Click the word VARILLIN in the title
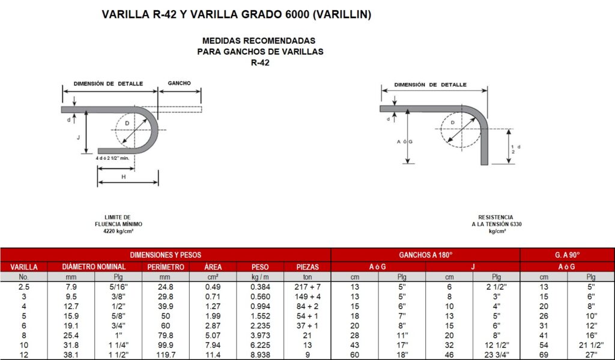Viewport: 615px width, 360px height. click(342, 14)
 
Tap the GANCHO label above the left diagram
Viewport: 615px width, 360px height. click(179, 83)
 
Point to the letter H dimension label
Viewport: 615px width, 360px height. click(124, 177)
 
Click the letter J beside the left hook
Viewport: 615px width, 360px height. click(79, 138)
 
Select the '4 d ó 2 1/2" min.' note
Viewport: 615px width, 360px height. click(112, 158)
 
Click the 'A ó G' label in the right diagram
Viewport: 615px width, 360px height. click(405, 142)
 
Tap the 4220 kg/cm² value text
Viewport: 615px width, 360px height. click(118, 231)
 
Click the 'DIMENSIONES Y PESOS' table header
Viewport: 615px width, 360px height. click(166, 255)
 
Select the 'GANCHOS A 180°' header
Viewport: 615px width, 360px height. click(426, 255)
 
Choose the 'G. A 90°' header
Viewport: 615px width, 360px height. click(567, 255)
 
